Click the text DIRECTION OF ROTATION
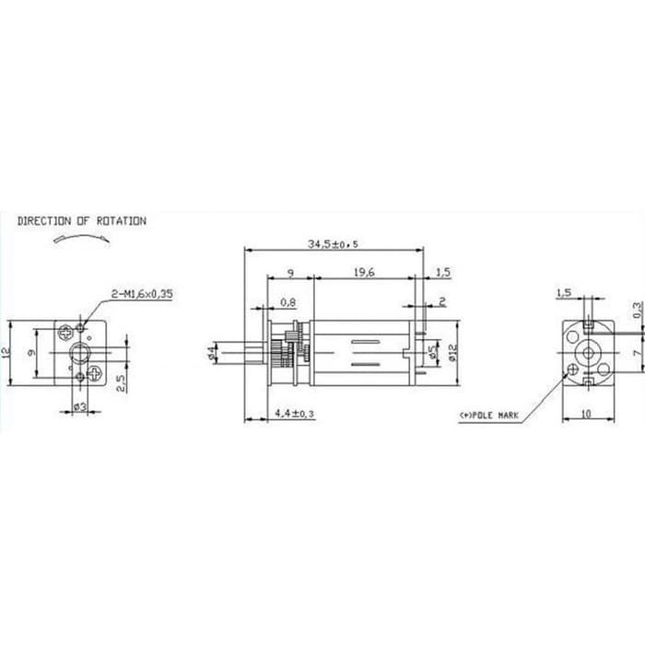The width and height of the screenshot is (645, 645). pos(81,221)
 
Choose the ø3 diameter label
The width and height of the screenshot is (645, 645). pos(79,406)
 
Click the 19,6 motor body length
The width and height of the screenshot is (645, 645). pos(362,272)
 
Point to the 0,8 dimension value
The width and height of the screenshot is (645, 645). pos(287,301)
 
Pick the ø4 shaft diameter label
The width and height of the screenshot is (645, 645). pos(213,352)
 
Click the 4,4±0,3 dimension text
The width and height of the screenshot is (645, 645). pos(295,415)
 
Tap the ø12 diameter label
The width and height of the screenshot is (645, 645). pos(451,352)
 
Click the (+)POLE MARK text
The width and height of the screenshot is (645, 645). pos(488,416)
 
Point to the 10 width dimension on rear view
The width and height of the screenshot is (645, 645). pos(586,415)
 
